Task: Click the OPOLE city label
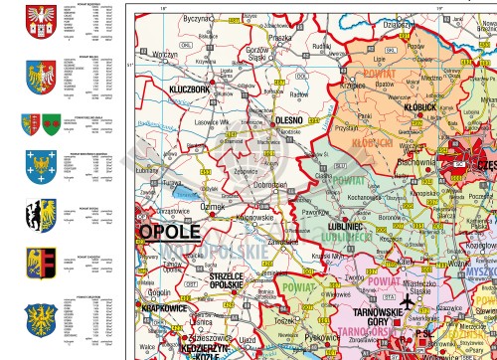[168, 231]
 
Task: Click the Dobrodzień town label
[269, 185]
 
